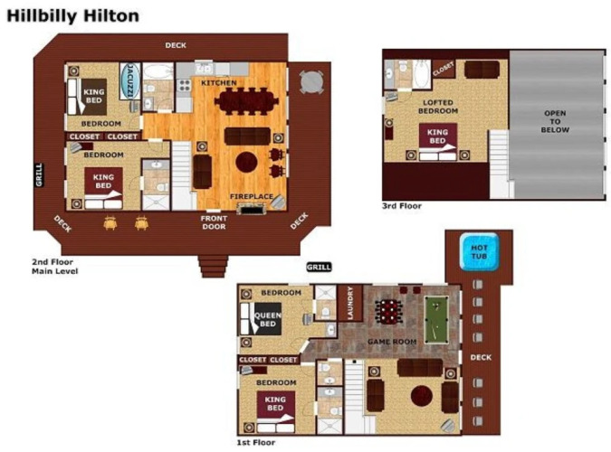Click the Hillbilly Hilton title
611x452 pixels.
click(x=73, y=16)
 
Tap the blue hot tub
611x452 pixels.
click(x=479, y=251)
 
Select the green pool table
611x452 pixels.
click(x=436, y=320)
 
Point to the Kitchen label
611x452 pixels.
click(x=219, y=83)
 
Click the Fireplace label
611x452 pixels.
click(x=252, y=196)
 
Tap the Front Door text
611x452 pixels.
click(x=214, y=222)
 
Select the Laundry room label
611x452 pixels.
click(x=350, y=303)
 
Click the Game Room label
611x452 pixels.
click(x=392, y=342)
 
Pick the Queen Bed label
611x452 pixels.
click(x=268, y=320)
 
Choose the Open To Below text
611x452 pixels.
click(x=555, y=121)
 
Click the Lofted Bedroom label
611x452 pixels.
click(x=438, y=107)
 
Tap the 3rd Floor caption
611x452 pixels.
click(x=402, y=206)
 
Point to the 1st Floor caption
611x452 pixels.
click(x=256, y=443)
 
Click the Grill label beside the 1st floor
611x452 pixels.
click(x=319, y=267)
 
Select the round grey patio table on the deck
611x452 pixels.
click(x=311, y=82)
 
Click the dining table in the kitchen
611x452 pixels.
click(x=246, y=101)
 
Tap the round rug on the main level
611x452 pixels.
click(x=246, y=162)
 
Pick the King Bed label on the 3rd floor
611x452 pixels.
click(x=437, y=137)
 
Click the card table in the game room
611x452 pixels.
click(x=388, y=312)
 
